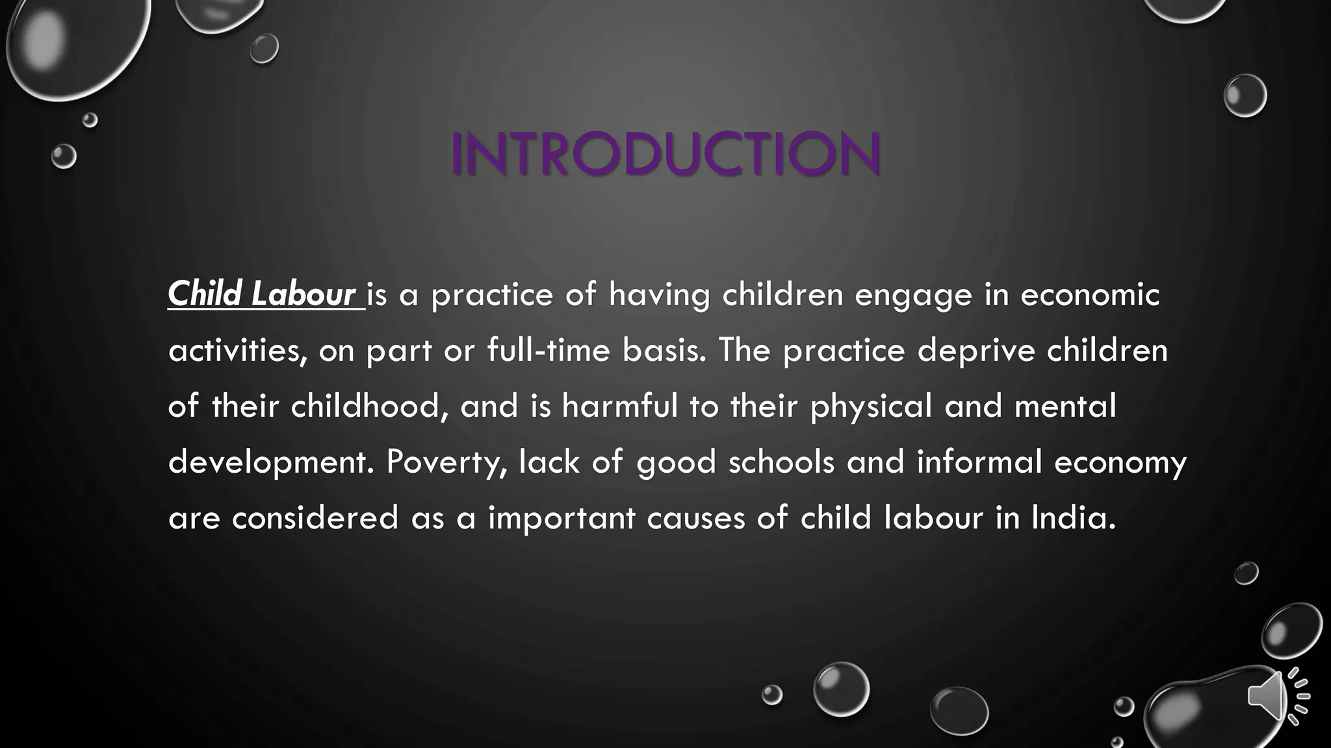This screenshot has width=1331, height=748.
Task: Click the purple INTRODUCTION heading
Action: point(665,153)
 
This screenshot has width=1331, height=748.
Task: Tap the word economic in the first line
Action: point(1089,294)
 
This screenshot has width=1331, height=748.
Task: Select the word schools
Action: point(781,462)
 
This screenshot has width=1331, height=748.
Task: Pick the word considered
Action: point(315,517)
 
